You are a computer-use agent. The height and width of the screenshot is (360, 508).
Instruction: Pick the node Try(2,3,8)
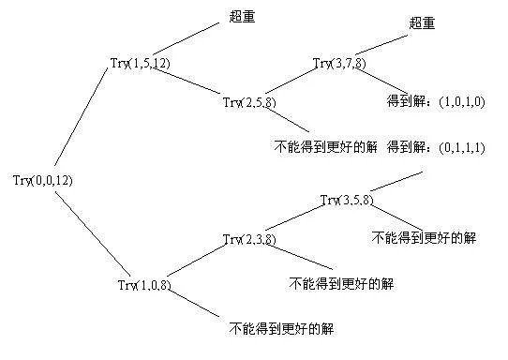click(251, 239)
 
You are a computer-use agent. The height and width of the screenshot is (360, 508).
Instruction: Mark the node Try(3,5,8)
click(348, 200)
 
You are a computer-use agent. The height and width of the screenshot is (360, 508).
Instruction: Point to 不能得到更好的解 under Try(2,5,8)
click(323, 147)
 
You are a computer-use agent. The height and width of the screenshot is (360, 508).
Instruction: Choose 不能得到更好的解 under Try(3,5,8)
click(423, 236)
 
